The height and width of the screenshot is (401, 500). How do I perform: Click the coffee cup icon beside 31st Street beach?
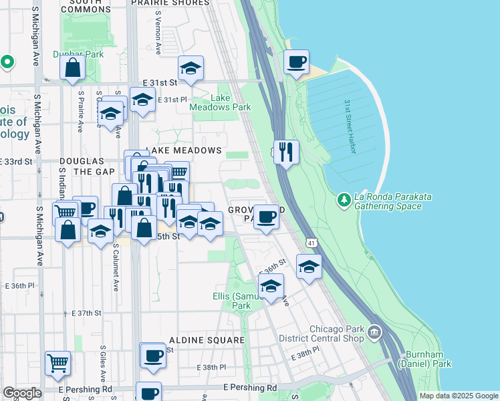point(296,62)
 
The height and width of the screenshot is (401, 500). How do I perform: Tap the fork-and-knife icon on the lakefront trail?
point(286,152)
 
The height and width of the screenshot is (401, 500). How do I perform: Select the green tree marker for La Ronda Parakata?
point(344,200)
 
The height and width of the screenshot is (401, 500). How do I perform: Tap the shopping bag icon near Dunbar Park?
point(72,68)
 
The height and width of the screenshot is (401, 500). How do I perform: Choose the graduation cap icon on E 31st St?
point(191,68)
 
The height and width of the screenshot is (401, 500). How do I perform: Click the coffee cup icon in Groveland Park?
point(266,217)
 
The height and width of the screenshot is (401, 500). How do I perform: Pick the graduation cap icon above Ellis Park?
point(271,286)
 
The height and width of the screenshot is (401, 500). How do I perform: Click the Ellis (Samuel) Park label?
point(232,301)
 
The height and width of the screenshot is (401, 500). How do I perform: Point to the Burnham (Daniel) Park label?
point(424,359)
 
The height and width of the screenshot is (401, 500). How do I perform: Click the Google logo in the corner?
point(22,393)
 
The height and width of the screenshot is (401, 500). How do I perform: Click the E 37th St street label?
point(86,313)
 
